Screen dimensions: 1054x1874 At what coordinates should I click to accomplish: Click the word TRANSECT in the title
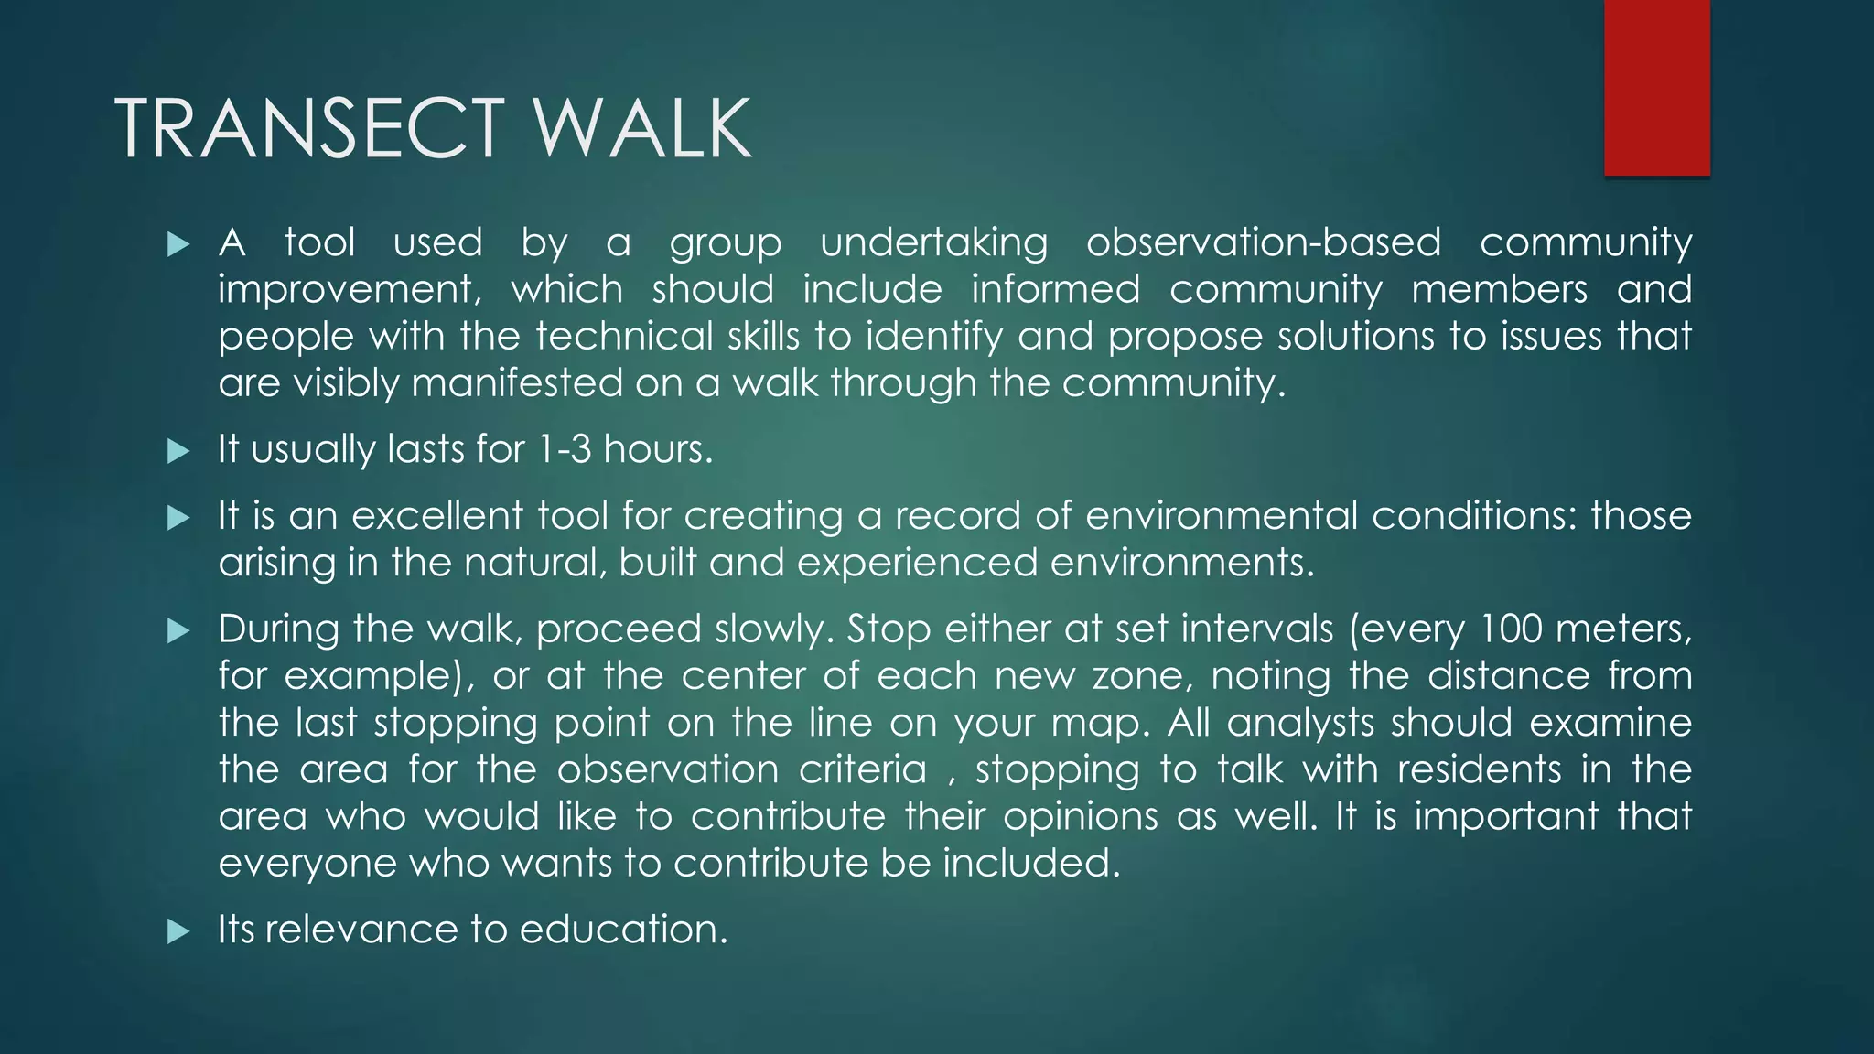pyautogui.click(x=309, y=129)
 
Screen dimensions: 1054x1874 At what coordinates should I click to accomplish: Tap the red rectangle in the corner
pyautogui.click(x=1656, y=87)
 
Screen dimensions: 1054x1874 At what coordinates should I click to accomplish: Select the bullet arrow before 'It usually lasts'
pyautogui.click(x=178, y=450)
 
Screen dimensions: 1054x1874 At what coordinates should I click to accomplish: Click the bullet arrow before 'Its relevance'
pyautogui.click(x=178, y=931)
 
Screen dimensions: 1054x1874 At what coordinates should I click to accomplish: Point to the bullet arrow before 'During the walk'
pyautogui.click(x=178, y=630)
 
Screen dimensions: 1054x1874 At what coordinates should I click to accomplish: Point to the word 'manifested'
pyautogui.click(x=517, y=383)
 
